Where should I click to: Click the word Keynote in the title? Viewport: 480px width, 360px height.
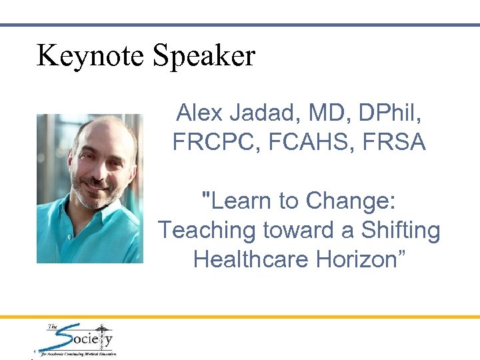[91, 55]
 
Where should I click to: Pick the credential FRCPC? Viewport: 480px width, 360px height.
[209, 142]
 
